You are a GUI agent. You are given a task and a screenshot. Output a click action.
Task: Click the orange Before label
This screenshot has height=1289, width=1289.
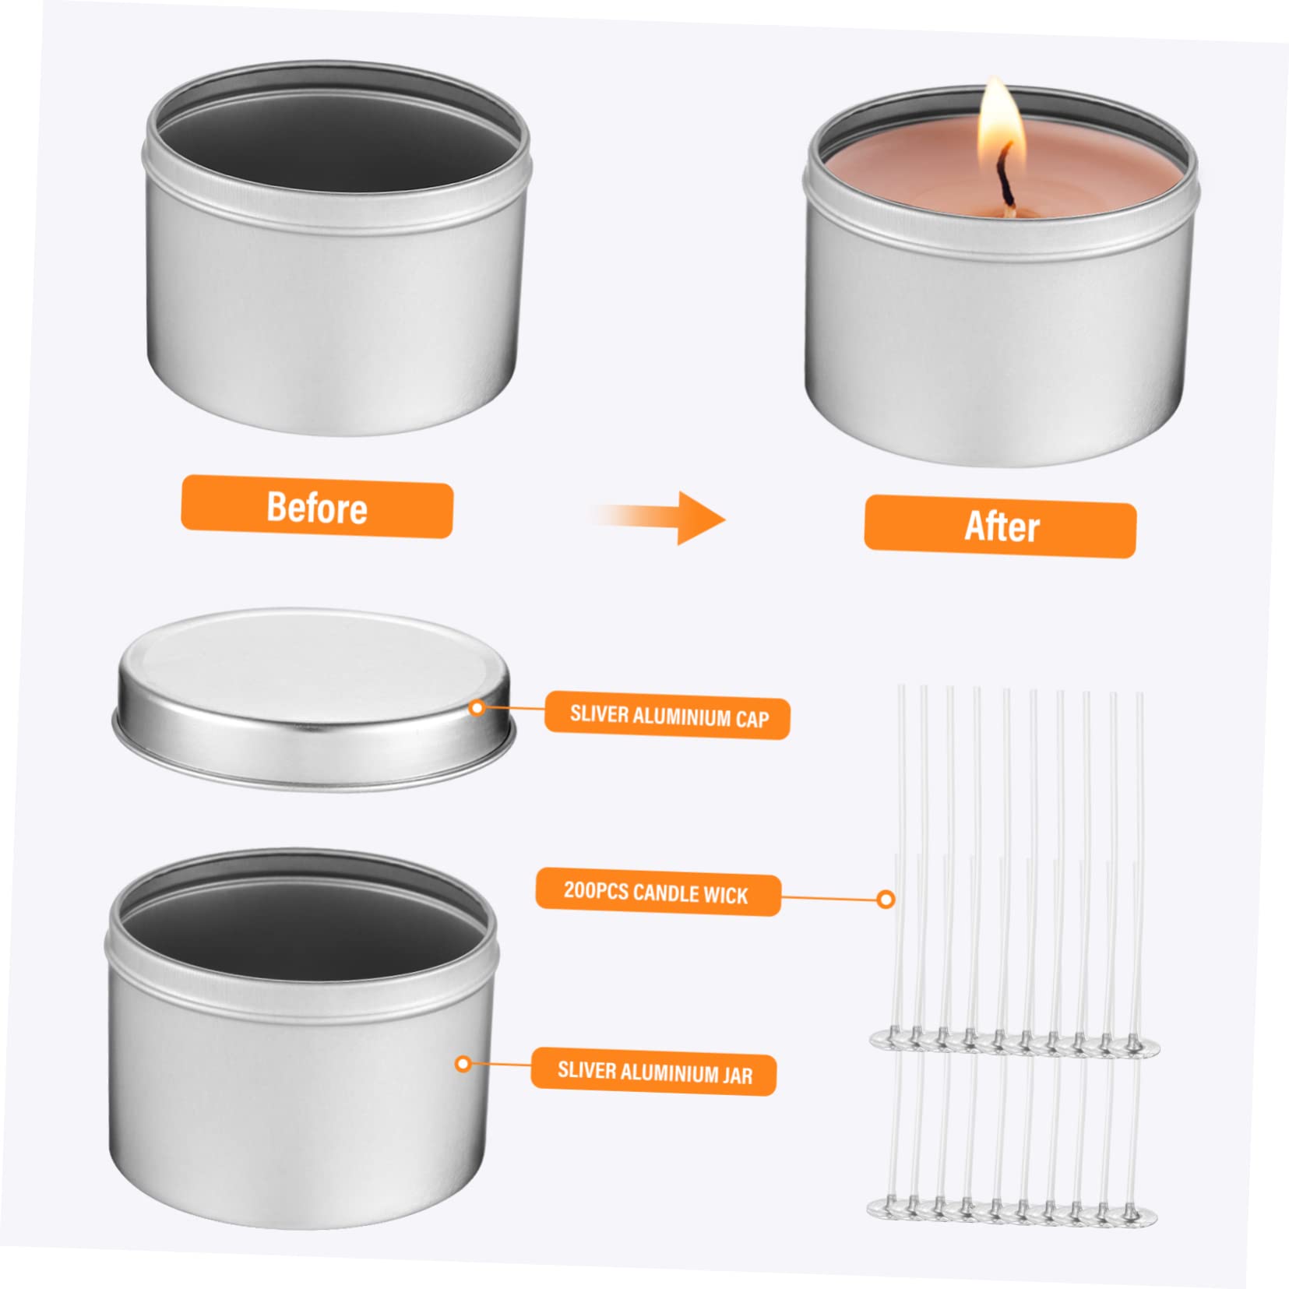317,507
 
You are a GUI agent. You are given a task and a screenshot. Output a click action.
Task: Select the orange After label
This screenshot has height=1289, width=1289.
1000,527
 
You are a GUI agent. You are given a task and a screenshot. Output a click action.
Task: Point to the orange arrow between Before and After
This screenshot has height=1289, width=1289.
658,517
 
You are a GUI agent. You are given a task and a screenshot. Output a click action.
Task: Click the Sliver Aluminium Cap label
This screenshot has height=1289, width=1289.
667,715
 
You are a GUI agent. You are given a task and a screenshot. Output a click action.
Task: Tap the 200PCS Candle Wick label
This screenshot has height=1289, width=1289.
658,891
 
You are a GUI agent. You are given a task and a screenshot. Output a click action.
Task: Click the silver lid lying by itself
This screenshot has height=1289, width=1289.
314,699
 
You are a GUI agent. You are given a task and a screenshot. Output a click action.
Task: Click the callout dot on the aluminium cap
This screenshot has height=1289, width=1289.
477,707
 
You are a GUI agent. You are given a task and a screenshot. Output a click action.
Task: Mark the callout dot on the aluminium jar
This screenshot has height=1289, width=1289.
463,1063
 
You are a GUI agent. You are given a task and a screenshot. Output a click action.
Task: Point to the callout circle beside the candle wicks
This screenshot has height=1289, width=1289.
886,900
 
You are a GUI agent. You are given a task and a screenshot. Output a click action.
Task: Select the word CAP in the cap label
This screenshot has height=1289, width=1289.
752,718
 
